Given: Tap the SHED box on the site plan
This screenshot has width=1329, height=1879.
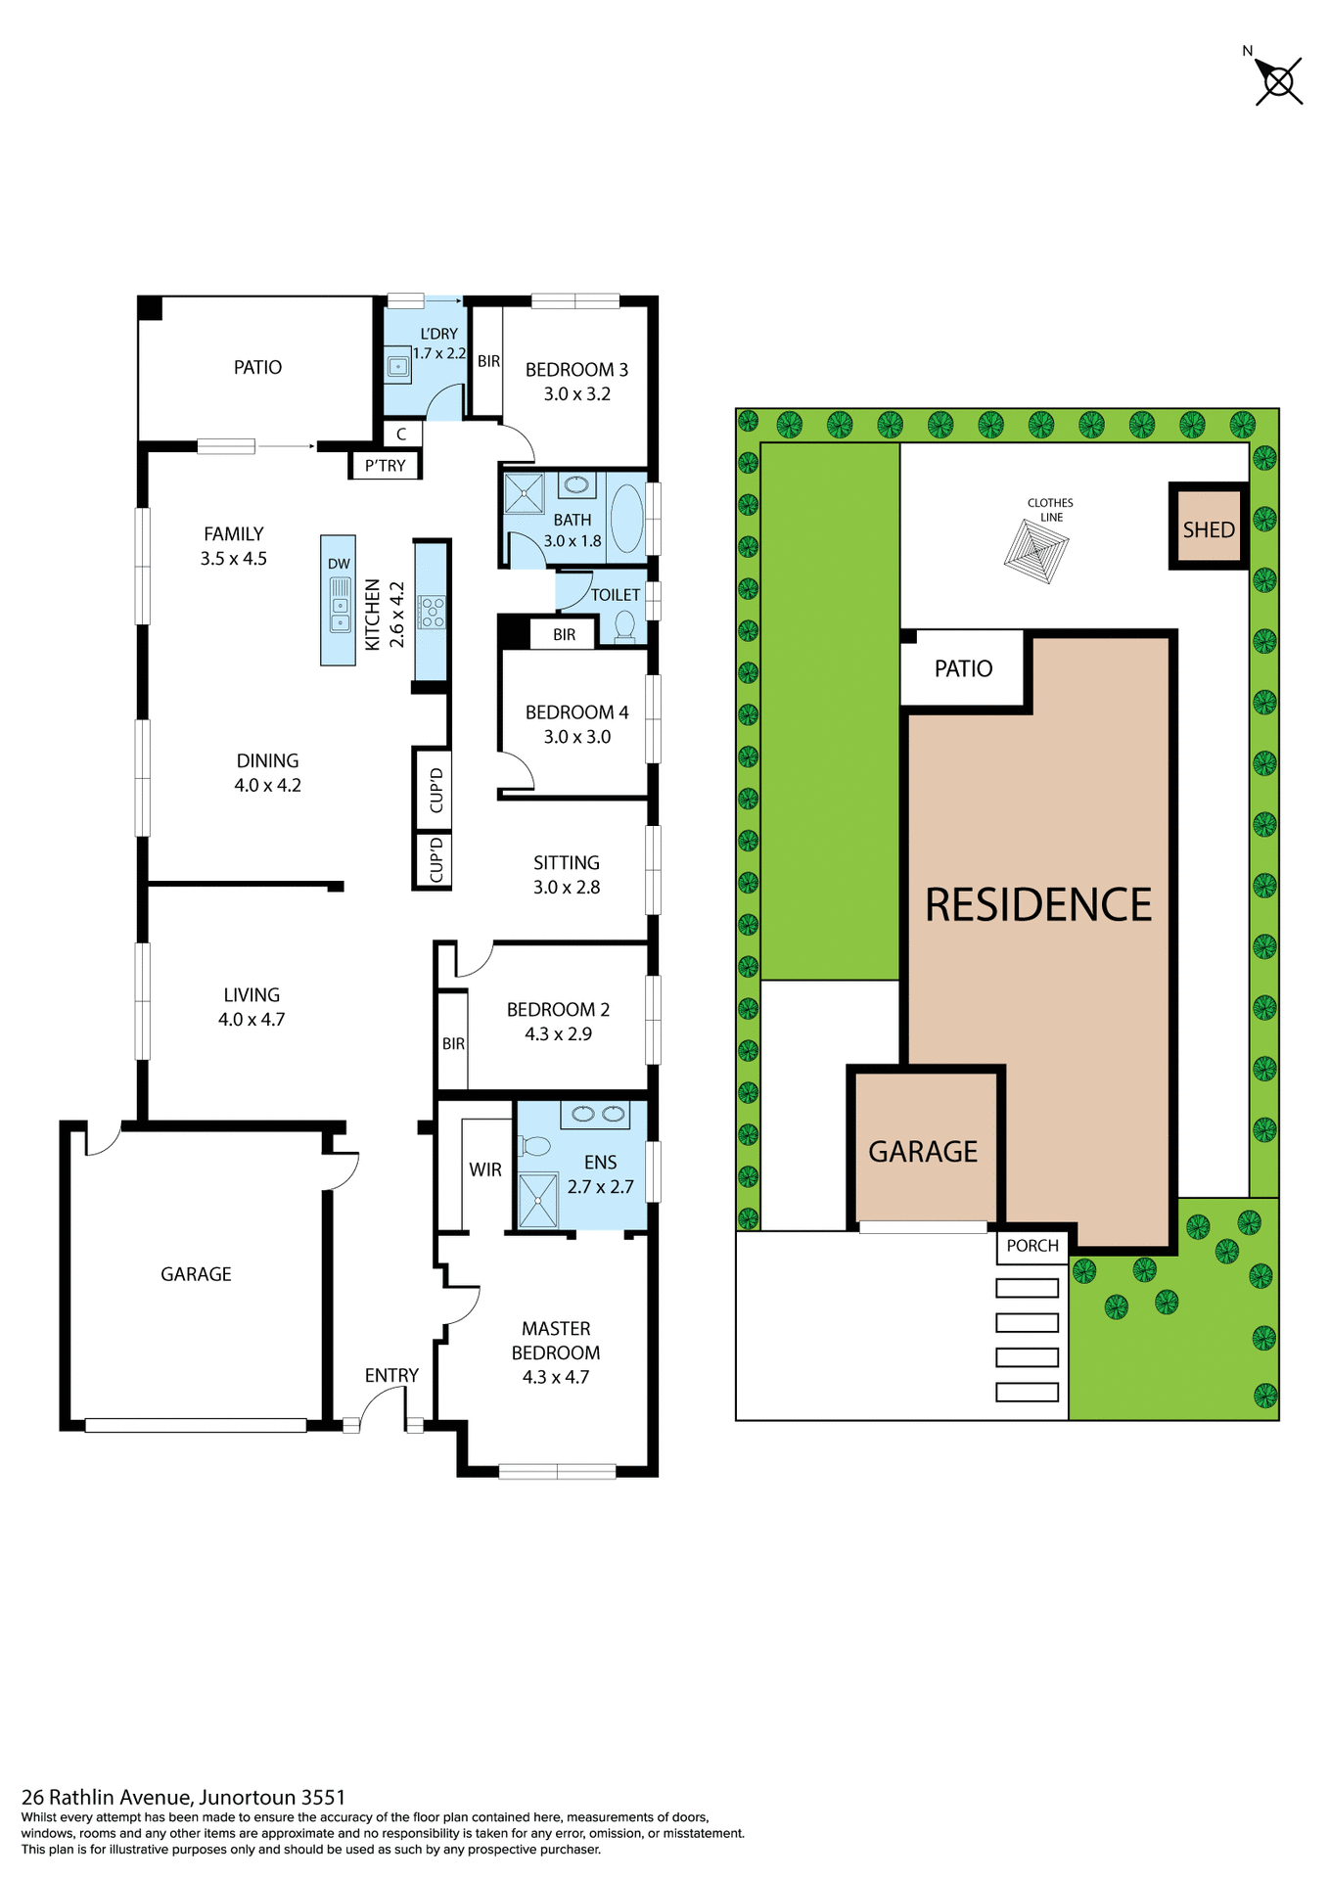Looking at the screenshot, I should [1209, 528].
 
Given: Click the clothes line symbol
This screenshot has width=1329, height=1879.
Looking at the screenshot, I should [1036, 551].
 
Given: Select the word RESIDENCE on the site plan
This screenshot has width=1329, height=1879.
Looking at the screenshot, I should [1038, 905].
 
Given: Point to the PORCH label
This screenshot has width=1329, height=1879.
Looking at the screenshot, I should [1032, 1246].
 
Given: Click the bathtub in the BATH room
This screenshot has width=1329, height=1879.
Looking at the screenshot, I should [627, 518].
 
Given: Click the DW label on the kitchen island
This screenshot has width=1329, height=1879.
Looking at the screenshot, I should [339, 564].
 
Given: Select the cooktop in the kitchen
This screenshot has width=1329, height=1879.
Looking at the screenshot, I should [432, 612].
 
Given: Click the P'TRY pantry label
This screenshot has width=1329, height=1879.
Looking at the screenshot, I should [385, 466].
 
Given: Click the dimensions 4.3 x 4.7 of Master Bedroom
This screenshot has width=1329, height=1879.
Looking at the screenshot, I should [556, 1377].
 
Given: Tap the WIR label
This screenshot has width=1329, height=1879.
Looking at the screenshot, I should [485, 1169].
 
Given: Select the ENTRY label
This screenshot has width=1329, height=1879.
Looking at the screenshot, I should [391, 1375].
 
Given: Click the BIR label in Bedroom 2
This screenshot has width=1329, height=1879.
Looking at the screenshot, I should [453, 1043].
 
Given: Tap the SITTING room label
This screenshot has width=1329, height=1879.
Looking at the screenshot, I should [567, 863].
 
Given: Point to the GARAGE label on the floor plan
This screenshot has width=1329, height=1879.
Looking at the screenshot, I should [196, 1274].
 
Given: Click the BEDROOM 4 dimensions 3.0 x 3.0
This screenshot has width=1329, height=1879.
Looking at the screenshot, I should [577, 737].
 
